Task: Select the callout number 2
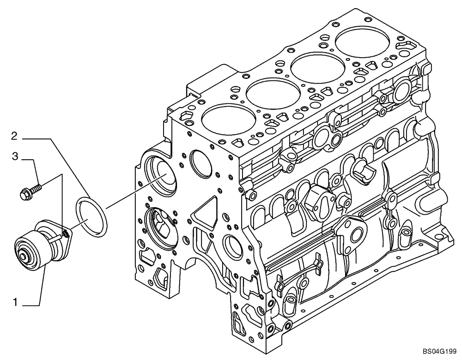tap(15, 136)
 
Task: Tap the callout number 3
tap(15, 157)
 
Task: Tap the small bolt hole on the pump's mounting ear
tap(66, 234)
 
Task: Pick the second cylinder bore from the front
tap(271, 95)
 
